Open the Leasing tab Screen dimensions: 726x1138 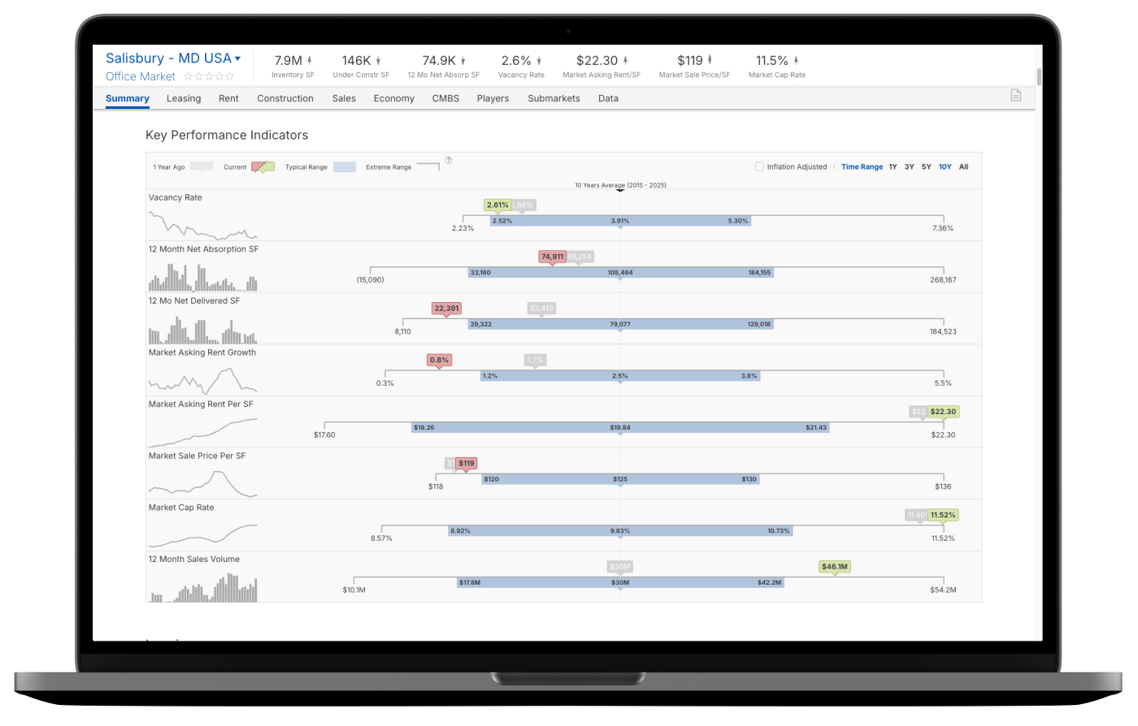click(x=183, y=98)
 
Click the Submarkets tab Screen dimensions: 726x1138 click(x=554, y=98)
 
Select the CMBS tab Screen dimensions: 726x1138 click(x=445, y=98)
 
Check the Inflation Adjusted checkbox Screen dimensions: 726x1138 click(x=759, y=166)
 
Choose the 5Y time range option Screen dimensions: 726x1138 click(x=926, y=166)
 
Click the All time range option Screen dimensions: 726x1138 click(x=963, y=166)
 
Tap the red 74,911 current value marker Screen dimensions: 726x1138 click(x=552, y=257)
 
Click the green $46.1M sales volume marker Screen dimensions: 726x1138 click(x=835, y=567)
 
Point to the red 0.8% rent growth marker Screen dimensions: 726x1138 click(x=439, y=360)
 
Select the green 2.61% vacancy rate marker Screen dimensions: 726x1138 click(x=497, y=205)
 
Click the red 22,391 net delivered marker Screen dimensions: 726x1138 click(x=446, y=308)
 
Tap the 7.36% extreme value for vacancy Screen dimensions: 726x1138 click(x=942, y=228)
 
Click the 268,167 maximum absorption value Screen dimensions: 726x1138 click(x=943, y=280)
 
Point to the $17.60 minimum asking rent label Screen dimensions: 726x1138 click(x=324, y=434)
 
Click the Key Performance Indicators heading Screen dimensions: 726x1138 click(x=227, y=135)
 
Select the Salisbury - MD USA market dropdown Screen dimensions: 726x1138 click(x=173, y=58)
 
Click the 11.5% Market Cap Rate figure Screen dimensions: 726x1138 click(x=771, y=60)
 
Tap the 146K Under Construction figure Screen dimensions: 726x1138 click(x=356, y=60)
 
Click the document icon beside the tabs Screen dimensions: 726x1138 click(x=1015, y=96)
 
